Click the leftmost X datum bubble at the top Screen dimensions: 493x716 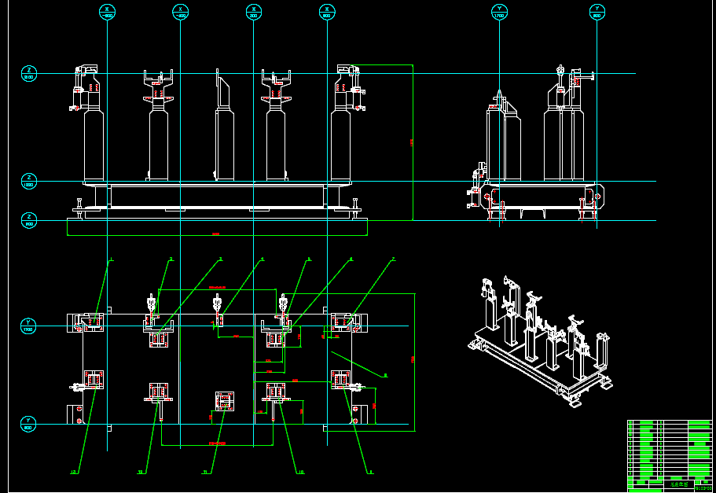pyautogui.click(x=108, y=12)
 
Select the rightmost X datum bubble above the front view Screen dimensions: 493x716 pyautogui.click(x=327, y=12)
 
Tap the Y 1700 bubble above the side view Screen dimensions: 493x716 pyautogui.click(x=499, y=12)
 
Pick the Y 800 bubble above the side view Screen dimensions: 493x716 pyautogui.click(x=597, y=12)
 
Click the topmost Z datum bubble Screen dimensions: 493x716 pyautogui.click(x=29, y=74)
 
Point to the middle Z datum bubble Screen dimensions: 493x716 pyautogui.click(x=29, y=182)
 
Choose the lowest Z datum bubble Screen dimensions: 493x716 pyautogui.click(x=29, y=220)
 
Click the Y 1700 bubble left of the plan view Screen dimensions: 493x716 pyautogui.click(x=28, y=326)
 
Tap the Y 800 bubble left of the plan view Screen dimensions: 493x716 pyautogui.click(x=28, y=425)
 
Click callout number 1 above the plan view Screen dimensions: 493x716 pyautogui.click(x=112, y=259)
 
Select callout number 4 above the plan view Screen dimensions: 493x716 pyautogui.click(x=263, y=259)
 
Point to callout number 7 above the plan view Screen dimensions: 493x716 pyautogui.click(x=393, y=259)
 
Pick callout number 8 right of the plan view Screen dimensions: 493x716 pyautogui.click(x=385, y=376)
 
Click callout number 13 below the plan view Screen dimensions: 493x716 pyautogui.click(x=141, y=473)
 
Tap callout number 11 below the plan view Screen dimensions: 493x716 pyautogui.click(x=205, y=473)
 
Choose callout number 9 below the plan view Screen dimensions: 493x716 pyautogui.click(x=371, y=473)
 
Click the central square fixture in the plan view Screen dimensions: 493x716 pyautogui.click(x=225, y=401)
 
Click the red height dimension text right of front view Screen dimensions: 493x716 pyautogui.click(x=411, y=142)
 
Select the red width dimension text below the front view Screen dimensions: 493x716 pyautogui.click(x=216, y=234)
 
